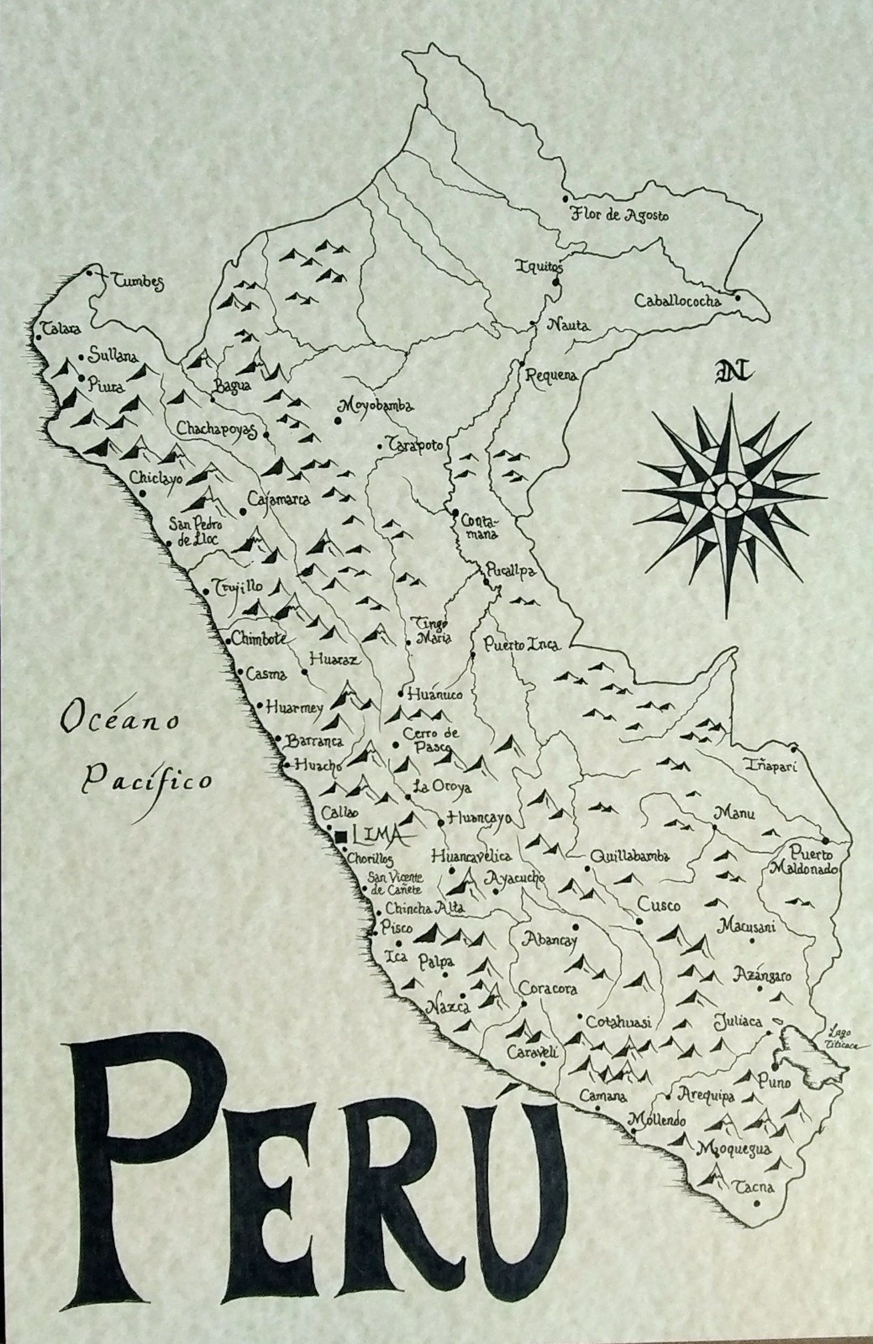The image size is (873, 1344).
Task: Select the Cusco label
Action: tap(659, 905)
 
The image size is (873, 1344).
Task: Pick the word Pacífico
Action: tap(148, 781)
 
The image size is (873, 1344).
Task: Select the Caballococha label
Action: tap(677, 301)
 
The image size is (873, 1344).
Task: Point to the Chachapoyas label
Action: tap(217, 429)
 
